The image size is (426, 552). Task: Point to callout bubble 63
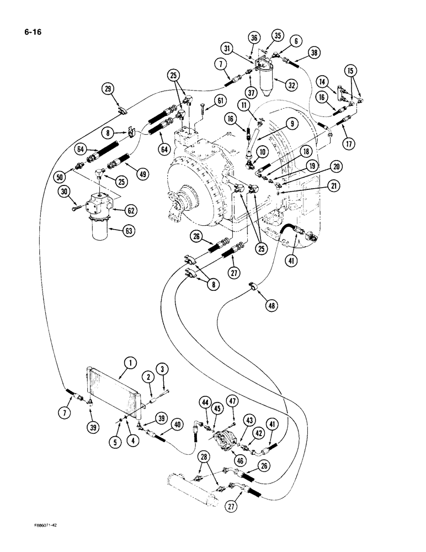click(129, 231)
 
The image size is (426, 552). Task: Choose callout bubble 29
click(108, 89)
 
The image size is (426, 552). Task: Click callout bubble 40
click(177, 425)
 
